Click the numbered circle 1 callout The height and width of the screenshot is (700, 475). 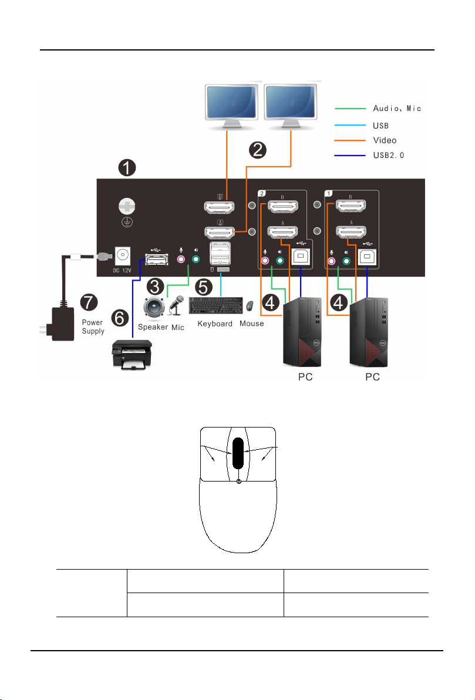[127, 168]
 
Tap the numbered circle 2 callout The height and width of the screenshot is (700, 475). [258, 150]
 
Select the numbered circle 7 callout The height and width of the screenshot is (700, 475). [89, 302]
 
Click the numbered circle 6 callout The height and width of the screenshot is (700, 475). [120, 318]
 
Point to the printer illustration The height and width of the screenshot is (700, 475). [132, 355]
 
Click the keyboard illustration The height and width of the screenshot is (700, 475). [216, 306]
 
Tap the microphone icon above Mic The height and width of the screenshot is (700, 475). [176, 305]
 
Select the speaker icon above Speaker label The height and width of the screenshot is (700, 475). [154, 308]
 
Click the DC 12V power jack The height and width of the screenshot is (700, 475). [122, 256]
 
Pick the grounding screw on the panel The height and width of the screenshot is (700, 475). [127, 207]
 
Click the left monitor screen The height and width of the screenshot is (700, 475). [231, 102]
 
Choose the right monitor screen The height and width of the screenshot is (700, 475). [291, 102]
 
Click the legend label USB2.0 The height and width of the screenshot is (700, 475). [388, 156]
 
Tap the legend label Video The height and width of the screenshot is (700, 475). [385, 140]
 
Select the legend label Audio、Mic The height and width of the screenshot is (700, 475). [397, 109]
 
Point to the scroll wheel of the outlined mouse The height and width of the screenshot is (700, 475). [238, 453]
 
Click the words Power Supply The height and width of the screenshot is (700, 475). [93, 327]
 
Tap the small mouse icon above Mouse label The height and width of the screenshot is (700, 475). [251, 306]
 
